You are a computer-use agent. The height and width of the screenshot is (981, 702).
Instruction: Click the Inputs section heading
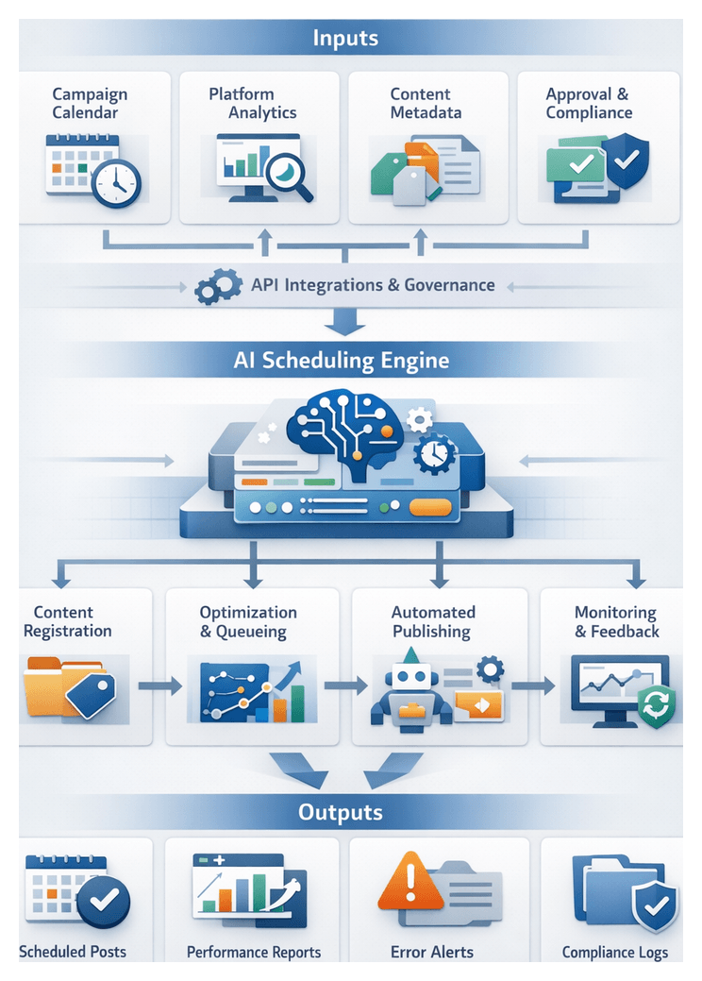pyautogui.click(x=345, y=39)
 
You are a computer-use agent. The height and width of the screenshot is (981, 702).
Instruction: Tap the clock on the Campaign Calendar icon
pyautogui.click(x=116, y=183)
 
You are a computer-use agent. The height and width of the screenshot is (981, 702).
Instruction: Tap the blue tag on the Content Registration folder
pyautogui.click(x=90, y=696)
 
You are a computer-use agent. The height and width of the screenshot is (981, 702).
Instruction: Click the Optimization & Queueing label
pyautogui.click(x=248, y=622)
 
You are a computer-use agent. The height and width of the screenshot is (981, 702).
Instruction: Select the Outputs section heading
pyautogui.click(x=341, y=812)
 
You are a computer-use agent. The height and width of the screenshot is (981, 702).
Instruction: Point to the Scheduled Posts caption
pyautogui.click(x=73, y=952)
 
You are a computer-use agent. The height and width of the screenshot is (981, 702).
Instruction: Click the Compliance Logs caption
pyautogui.click(x=614, y=952)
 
